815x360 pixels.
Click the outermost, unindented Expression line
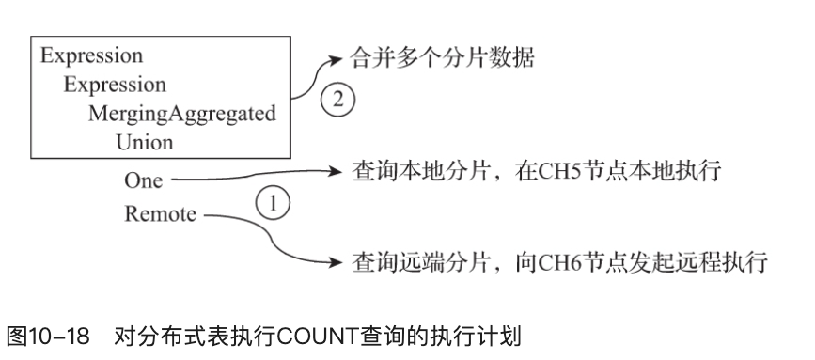tap(91, 54)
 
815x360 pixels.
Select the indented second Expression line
tap(115, 84)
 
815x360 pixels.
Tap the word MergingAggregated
tap(182, 114)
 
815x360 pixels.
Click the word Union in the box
tap(144, 143)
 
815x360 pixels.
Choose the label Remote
tap(160, 214)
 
